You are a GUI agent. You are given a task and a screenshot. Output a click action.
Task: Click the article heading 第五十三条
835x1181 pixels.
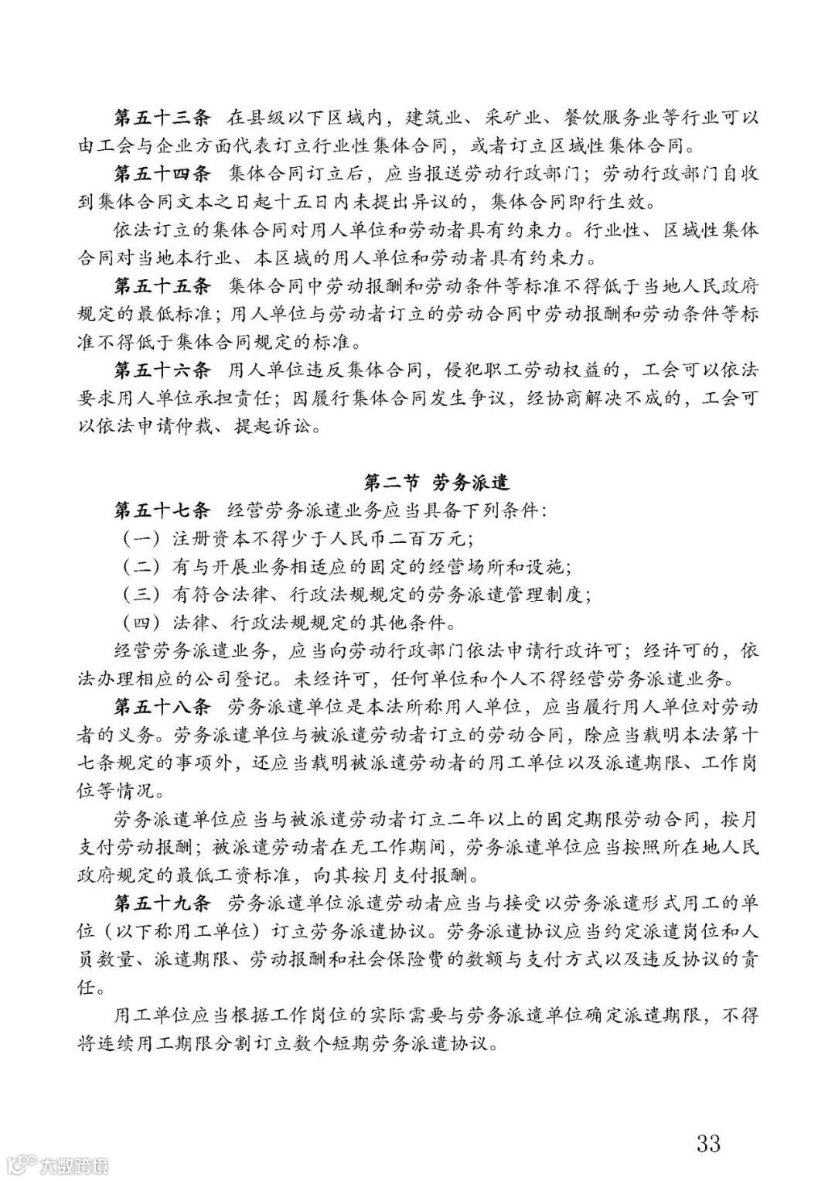click(162, 118)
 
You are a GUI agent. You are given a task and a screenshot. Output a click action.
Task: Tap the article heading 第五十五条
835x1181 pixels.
click(162, 286)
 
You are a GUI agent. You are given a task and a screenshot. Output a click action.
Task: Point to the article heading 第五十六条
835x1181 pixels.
click(162, 370)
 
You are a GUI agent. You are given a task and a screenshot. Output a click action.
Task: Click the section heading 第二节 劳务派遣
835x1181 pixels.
click(437, 483)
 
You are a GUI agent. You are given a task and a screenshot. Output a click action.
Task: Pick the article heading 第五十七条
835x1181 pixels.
click(162, 510)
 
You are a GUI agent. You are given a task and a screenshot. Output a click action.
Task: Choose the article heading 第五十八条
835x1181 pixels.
click(162, 707)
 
